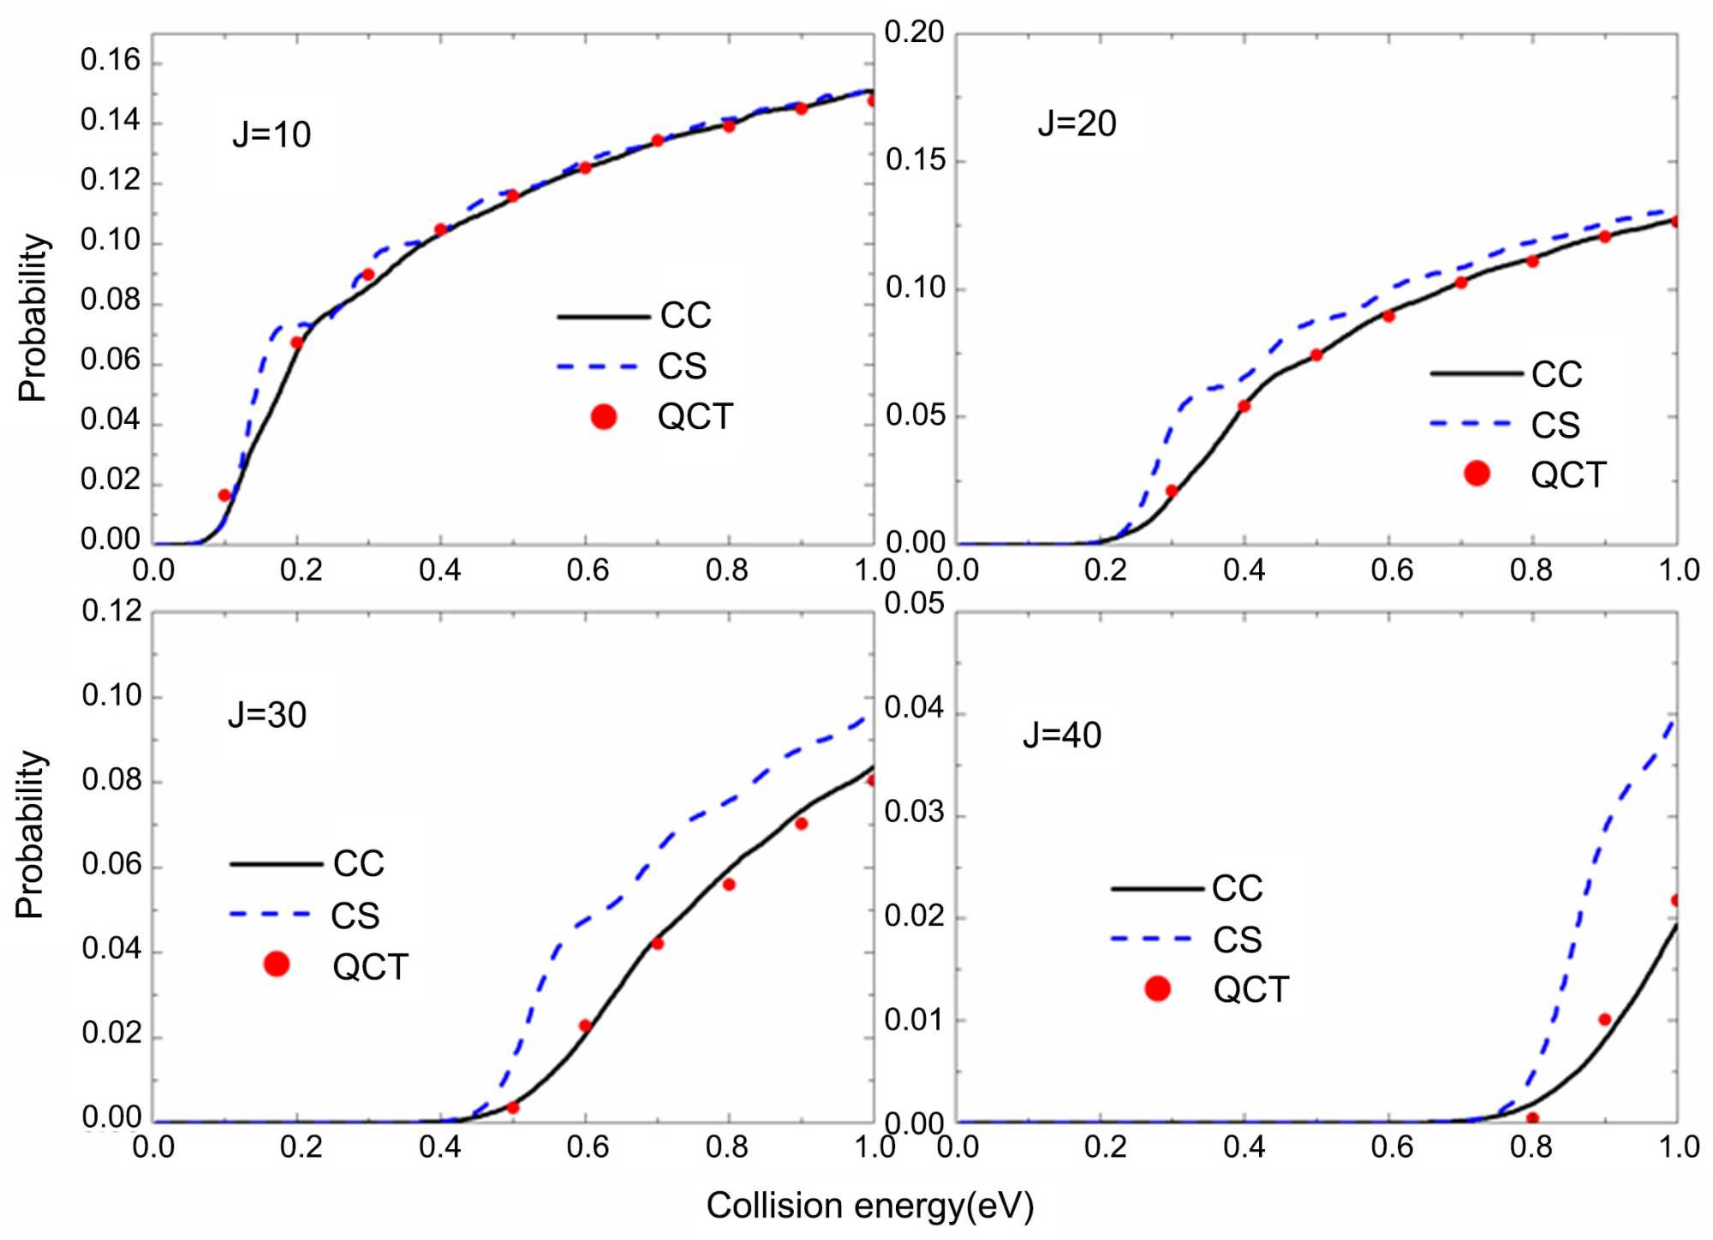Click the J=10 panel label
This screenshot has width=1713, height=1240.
[272, 135]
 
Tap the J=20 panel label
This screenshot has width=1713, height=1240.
[1077, 124]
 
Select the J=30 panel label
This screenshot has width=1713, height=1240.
[267, 715]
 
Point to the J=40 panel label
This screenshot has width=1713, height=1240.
[1062, 736]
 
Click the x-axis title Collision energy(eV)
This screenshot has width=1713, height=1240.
[869, 1206]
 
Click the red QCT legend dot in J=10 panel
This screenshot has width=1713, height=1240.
[604, 417]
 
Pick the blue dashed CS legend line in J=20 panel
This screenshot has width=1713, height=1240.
[1470, 423]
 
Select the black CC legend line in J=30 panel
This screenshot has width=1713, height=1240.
[276, 864]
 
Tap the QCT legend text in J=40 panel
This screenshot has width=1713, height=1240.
[1250, 990]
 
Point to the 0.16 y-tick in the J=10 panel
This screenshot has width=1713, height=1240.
[110, 61]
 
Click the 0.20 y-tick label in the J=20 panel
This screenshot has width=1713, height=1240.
[914, 33]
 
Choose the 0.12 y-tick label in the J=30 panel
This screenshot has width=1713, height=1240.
[112, 611]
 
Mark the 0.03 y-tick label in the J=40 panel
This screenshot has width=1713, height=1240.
[914, 812]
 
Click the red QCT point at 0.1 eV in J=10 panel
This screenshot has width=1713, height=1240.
[224, 495]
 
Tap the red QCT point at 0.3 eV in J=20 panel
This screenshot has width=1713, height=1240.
[1172, 491]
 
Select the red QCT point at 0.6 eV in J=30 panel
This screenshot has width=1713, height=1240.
[585, 1026]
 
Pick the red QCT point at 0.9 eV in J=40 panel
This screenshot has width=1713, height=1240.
[1605, 1019]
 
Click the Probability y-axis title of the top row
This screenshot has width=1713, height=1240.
[33, 317]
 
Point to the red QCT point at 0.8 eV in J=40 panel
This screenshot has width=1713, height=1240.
[1532, 1118]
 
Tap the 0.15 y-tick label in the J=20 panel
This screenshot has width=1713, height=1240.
[914, 160]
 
